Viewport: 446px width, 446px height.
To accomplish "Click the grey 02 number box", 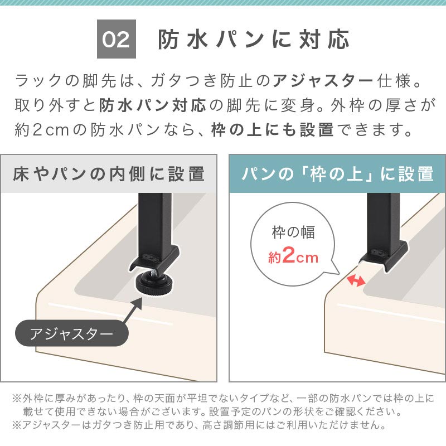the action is click(x=117, y=39).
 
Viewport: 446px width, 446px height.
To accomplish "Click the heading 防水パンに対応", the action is click(x=254, y=40).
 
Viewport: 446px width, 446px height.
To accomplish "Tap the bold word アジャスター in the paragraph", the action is click(x=323, y=80).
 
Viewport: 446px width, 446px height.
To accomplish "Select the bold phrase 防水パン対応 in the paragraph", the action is click(x=152, y=105).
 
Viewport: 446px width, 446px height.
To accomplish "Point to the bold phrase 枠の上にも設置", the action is click(x=273, y=130).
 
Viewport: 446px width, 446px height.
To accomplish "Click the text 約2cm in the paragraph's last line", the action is click(x=42, y=130).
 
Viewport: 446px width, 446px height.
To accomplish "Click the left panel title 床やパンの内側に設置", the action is click(x=109, y=174).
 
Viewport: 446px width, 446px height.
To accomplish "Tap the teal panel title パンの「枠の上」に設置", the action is click(x=337, y=174).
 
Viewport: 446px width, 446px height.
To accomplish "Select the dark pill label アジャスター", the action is click(x=72, y=333).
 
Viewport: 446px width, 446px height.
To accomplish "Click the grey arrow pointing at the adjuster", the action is click(x=132, y=311).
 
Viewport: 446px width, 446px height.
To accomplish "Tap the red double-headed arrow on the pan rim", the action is click(x=356, y=280).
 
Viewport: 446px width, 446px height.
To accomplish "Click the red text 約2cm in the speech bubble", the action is click(x=293, y=256).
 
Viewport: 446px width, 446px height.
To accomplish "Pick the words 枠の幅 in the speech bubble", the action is click(x=293, y=232).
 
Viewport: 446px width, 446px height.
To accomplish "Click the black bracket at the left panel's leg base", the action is click(x=154, y=258).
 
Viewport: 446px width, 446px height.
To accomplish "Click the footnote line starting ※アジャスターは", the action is click(x=199, y=425).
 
